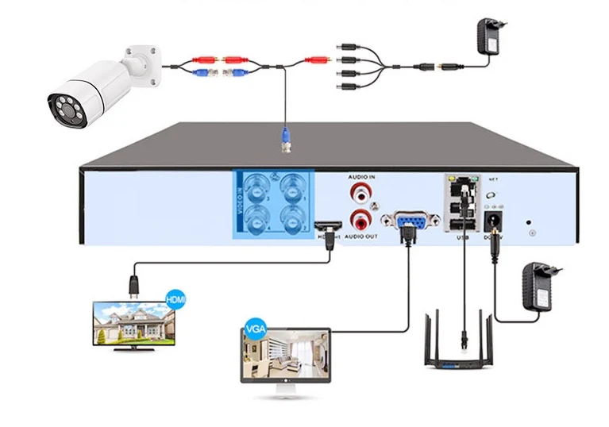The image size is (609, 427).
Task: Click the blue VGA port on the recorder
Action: (405, 223)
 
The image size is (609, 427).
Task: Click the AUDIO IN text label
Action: (361, 177)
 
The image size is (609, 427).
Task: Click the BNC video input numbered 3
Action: (257, 189)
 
